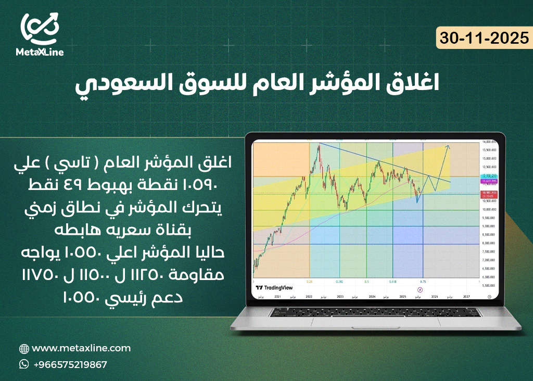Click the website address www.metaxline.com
(x=81, y=348)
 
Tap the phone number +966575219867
(x=70, y=364)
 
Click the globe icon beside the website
(x=24, y=349)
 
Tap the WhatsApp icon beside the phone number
(x=24, y=364)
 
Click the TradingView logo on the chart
(x=274, y=287)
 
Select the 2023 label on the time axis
(x=340, y=296)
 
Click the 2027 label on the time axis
(x=467, y=296)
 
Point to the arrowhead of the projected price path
(x=449, y=146)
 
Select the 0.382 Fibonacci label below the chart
(x=340, y=281)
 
